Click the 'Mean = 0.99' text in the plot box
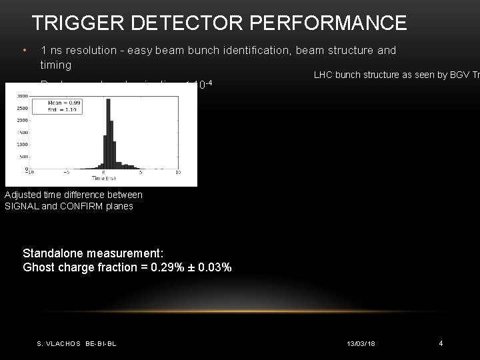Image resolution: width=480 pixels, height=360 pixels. (x=64, y=103)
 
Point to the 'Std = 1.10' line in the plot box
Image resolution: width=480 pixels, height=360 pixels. (x=62, y=110)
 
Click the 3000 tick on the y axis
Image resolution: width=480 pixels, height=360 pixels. (x=22, y=96)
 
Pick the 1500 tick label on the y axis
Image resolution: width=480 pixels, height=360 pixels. (x=22, y=132)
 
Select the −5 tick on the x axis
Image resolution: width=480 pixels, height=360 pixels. (x=65, y=172)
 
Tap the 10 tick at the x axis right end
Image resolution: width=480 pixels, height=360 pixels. (x=177, y=172)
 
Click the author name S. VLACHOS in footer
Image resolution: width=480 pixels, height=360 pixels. (x=58, y=343)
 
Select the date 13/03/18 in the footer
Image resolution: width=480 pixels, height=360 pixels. (x=362, y=343)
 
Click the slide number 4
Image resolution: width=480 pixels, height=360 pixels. (x=441, y=343)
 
